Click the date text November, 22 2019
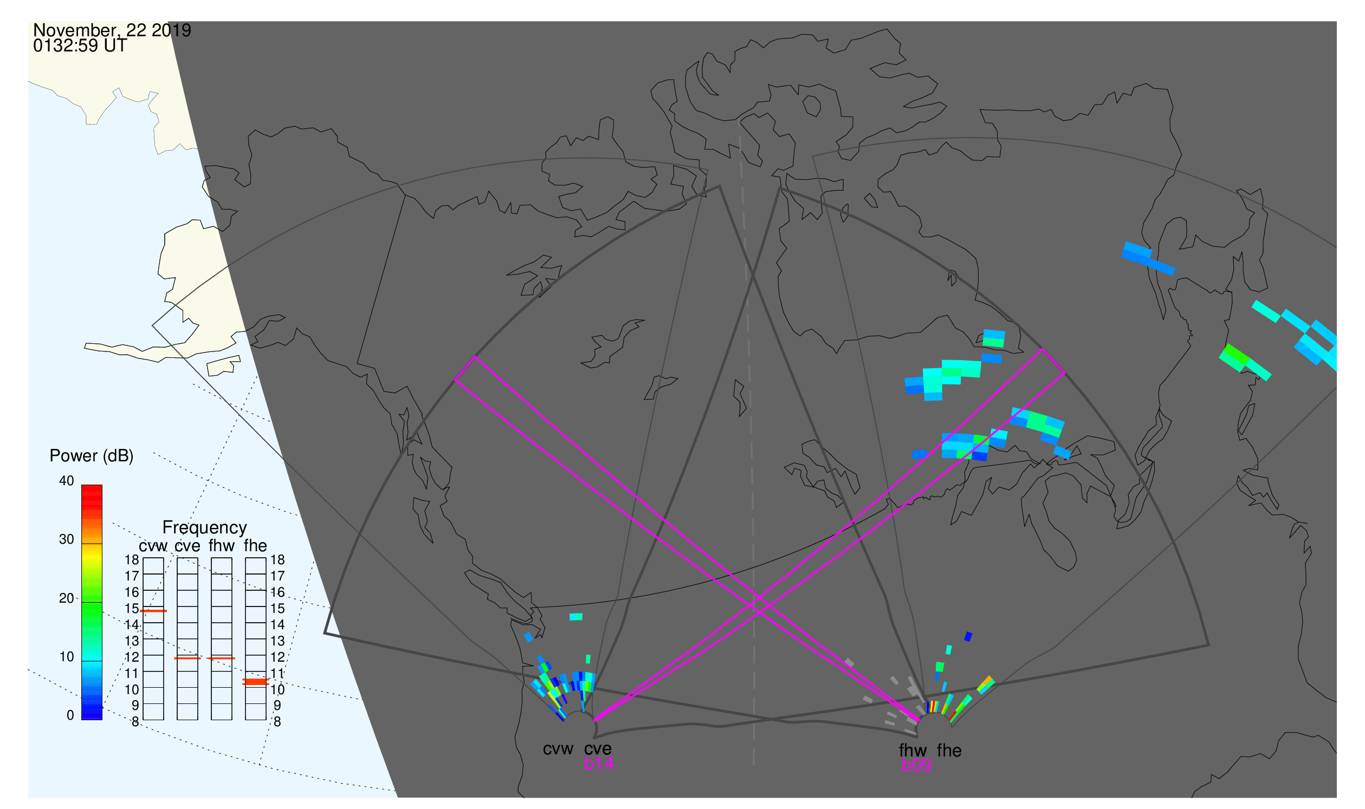pos(112,30)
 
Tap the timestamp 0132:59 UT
pos(80,46)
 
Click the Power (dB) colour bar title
pos(92,456)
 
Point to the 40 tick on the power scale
pos(67,481)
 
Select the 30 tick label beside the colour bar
pos(67,540)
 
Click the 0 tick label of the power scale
pos(70,716)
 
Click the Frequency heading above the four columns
pos(205,528)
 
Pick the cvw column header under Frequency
pos(153,546)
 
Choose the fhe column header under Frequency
pos(255,546)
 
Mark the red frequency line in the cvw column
pos(153,611)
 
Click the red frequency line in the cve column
pos(187,658)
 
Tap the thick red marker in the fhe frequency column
pos(255,682)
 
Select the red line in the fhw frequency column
pos(222,658)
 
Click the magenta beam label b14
pos(598,764)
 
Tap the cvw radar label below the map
pos(558,749)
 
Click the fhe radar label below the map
pos(949,751)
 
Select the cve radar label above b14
pos(598,749)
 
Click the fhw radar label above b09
pos(913,751)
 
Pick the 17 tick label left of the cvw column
pos(132,576)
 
